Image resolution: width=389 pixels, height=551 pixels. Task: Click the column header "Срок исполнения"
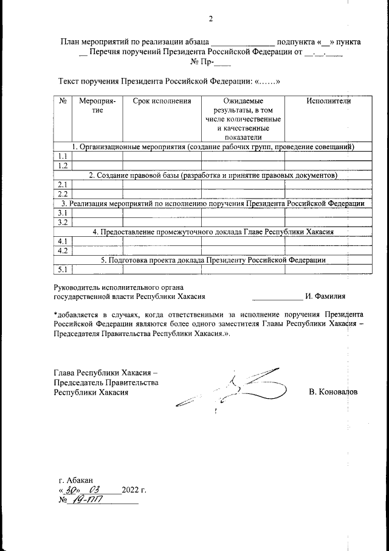(162, 101)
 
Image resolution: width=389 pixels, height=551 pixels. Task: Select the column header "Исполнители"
(329, 101)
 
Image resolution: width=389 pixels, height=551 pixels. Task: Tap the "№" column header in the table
(63, 101)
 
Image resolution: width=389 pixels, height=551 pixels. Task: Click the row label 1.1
(62, 156)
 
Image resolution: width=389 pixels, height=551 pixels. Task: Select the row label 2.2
(62, 194)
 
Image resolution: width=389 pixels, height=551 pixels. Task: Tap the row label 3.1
(62, 213)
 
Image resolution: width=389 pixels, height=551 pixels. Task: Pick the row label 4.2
(62, 250)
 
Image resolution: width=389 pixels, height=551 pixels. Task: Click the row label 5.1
(62, 269)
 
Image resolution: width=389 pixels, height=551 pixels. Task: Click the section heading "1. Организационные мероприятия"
(213, 147)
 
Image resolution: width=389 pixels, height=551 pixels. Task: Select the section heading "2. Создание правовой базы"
(213, 175)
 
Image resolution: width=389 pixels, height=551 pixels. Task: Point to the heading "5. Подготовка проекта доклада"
(213, 260)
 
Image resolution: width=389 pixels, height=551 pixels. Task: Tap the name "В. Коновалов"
(333, 392)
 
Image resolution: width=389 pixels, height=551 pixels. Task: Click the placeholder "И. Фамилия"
(325, 297)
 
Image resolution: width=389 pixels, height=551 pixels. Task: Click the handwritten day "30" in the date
(71, 490)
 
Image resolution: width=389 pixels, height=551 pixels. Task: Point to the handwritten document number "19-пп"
(87, 500)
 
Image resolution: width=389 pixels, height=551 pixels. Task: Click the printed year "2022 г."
(134, 490)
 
